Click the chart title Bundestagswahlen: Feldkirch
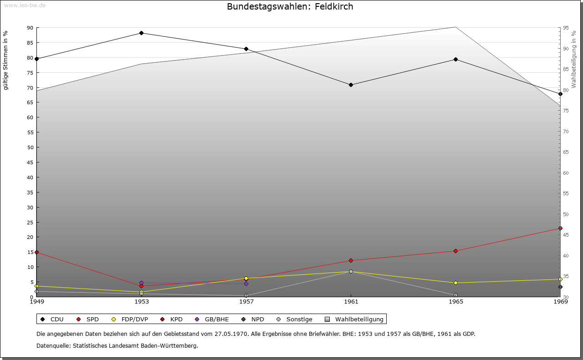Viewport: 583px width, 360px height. [x=290, y=6]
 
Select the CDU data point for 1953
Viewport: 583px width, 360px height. [x=141, y=33]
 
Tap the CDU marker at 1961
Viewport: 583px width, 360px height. [x=351, y=85]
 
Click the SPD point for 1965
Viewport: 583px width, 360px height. [x=455, y=251]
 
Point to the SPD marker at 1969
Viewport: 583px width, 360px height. [x=560, y=228]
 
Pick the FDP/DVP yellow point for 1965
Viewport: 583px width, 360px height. [x=455, y=283]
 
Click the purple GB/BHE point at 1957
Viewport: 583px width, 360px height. [x=246, y=284]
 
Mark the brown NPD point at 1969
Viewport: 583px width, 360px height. [x=560, y=287]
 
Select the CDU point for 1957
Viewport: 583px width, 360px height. [x=246, y=49]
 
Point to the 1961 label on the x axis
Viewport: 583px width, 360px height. [x=351, y=301]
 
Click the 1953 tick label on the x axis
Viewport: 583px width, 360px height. [x=141, y=301]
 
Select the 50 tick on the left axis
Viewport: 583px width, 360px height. [x=30, y=147]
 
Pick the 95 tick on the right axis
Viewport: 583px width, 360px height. [x=565, y=28]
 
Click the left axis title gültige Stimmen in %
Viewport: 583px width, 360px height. [x=6, y=60]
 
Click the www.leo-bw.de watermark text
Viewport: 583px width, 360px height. [x=25, y=5]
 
